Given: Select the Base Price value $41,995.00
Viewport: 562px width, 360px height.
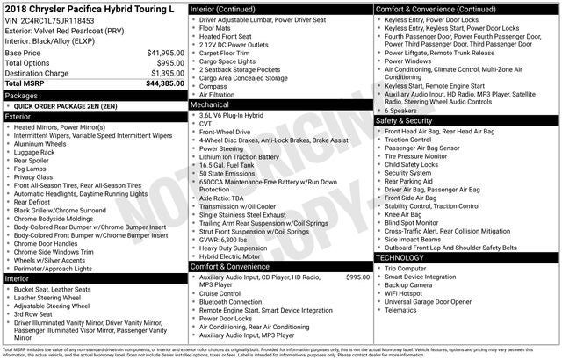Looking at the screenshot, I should click(165, 53).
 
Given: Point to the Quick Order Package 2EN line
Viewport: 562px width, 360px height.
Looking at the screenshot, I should click(66, 105).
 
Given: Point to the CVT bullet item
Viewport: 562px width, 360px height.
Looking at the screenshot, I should click(206, 124).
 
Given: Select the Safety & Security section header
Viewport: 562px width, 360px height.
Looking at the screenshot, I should click(409, 121).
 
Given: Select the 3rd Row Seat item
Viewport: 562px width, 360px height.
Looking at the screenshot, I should click(34, 313).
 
